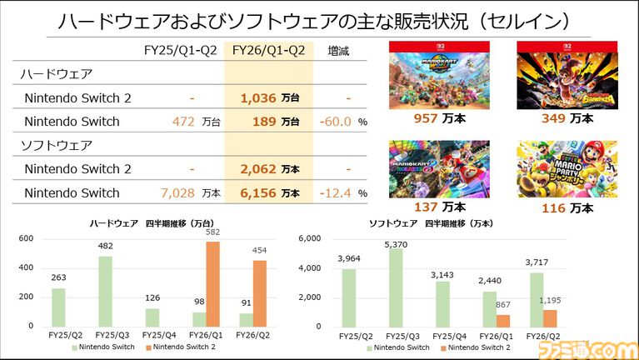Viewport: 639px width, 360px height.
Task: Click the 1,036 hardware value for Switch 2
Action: tap(258, 98)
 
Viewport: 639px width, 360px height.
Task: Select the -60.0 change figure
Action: tap(336, 122)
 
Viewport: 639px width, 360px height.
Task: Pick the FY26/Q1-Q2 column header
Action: tap(268, 51)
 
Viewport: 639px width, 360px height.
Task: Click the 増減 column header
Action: tap(339, 51)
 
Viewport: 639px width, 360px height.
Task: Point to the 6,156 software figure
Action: tap(258, 192)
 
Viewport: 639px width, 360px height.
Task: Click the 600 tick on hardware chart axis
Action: tap(27, 239)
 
